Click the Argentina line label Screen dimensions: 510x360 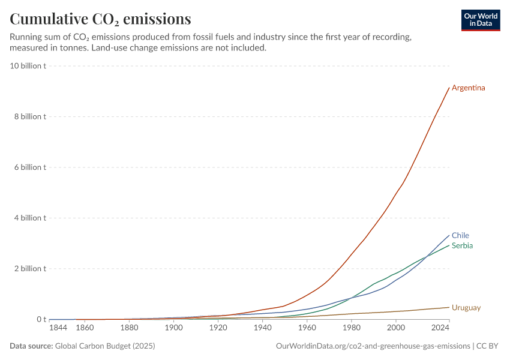[x=468, y=88]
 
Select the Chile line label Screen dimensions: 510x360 [x=460, y=235]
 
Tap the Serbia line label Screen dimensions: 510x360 [x=462, y=245]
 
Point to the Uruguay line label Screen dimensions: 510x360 [x=466, y=308]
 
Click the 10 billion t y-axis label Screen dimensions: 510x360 [x=28, y=65]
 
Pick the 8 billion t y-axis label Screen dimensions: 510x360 [x=30, y=116]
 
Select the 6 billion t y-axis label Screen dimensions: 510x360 [x=30, y=167]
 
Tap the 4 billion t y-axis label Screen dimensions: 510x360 [x=30, y=218]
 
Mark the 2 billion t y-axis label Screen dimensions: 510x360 [x=30, y=269]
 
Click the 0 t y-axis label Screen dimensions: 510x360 [x=41, y=319]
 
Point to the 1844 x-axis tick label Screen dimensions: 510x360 [x=58, y=328]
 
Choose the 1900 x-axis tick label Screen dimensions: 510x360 [x=173, y=328]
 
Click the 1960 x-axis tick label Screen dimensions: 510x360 [x=307, y=328]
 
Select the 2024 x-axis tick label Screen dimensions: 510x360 [x=440, y=328]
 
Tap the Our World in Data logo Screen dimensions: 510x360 [x=481, y=20]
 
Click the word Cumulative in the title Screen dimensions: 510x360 [x=49, y=19]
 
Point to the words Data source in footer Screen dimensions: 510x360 [x=31, y=346]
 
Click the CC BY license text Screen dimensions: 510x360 [x=487, y=346]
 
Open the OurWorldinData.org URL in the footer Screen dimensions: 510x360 [x=373, y=346]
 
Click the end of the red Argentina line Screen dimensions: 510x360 [x=449, y=88]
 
